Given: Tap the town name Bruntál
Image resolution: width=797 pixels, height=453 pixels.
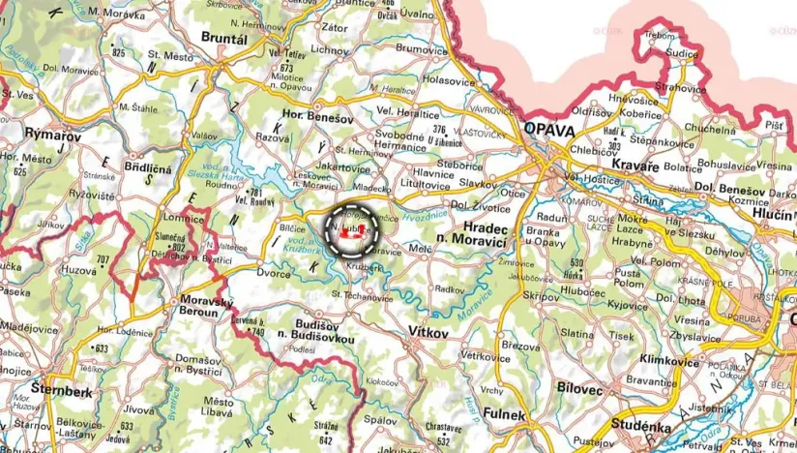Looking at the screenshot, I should pos(223,38).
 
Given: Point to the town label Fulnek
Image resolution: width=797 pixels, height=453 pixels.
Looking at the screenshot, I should pos(506,414).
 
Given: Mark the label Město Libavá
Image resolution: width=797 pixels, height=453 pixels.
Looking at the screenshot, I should pos(219,408).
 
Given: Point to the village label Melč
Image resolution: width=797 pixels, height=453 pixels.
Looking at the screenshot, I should pos(421,250).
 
